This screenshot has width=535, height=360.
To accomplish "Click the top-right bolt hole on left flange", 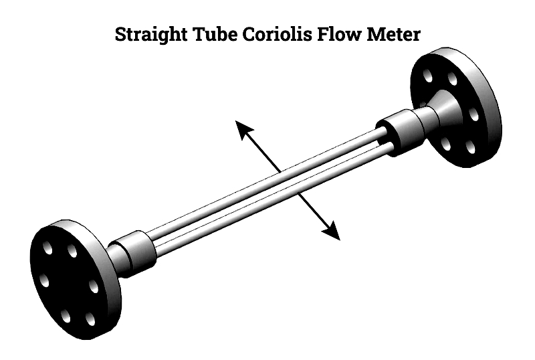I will pyautogui.click(x=72, y=252).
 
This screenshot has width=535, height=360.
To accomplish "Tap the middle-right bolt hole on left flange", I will pyautogui.click(x=93, y=287).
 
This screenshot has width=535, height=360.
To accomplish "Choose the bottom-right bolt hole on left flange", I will pyautogui.click(x=88, y=319).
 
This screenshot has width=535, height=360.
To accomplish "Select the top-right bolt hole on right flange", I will pyautogui.click(x=453, y=80).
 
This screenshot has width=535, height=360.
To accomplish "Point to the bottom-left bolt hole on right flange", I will pyautogui.click(x=445, y=143).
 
